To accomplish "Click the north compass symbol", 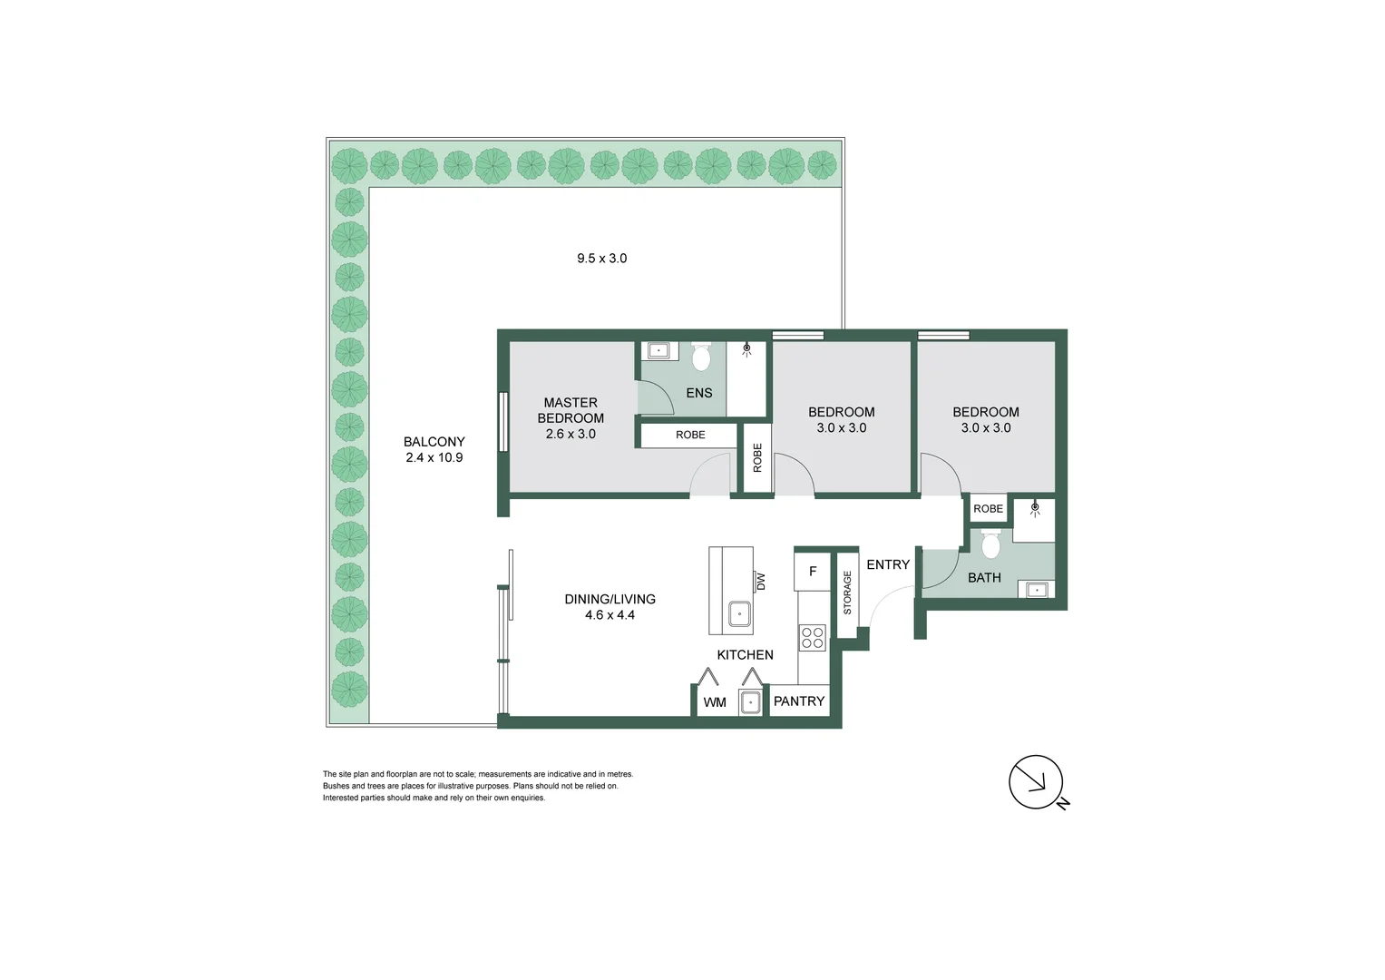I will pyautogui.click(x=1036, y=781).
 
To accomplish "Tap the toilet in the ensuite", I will pyautogui.click(x=701, y=358).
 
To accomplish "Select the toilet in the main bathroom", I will pyautogui.click(x=990, y=544).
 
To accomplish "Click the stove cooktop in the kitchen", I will pyautogui.click(x=813, y=638).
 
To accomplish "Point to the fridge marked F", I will pyautogui.click(x=813, y=572).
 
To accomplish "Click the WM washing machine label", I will pyautogui.click(x=715, y=702).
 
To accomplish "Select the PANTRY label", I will pyautogui.click(x=799, y=701).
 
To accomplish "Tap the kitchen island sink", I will pyautogui.click(x=740, y=614).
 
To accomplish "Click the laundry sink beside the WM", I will pyautogui.click(x=750, y=702).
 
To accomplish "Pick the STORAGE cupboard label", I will pyautogui.click(x=848, y=593).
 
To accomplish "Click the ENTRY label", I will pyautogui.click(x=888, y=564).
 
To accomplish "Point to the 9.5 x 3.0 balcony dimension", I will pyautogui.click(x=602, y=259).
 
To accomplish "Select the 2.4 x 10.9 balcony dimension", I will pyautogui.click(x=434, y=457).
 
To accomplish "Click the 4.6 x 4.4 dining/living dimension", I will pyautogui.click(x=610, y=615).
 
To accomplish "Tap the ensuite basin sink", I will pyautogui.click(x=658, y=350).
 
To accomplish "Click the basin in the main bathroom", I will pyautogui.click(x=1036, y=590).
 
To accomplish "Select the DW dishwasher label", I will pyautogui.click(x=761, y=581).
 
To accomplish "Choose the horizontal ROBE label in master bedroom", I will pyautogui.click(x=690, y=436).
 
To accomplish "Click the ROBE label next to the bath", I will pyautogui.click(x=988, y=509).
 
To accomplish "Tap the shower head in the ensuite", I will pyautogui.click(x=747, y=348).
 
